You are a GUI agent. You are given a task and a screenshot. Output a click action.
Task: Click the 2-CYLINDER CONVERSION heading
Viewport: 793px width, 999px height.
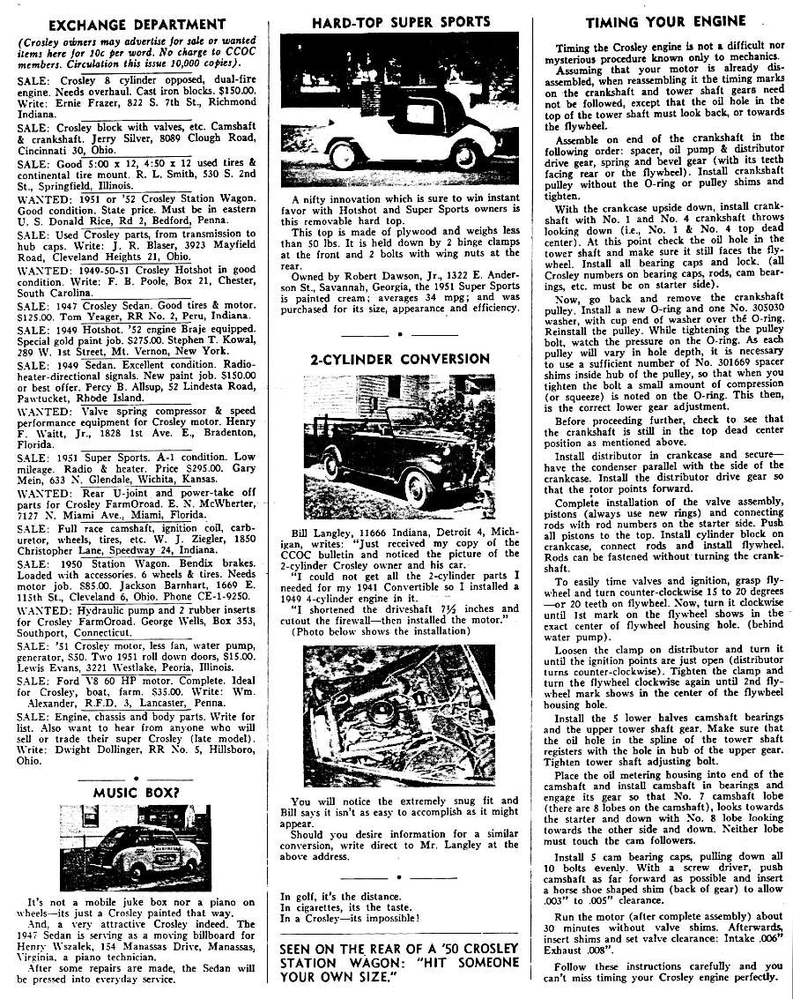point(399,359)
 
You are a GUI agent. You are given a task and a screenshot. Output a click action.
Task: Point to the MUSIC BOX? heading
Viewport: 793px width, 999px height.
point(137,792)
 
